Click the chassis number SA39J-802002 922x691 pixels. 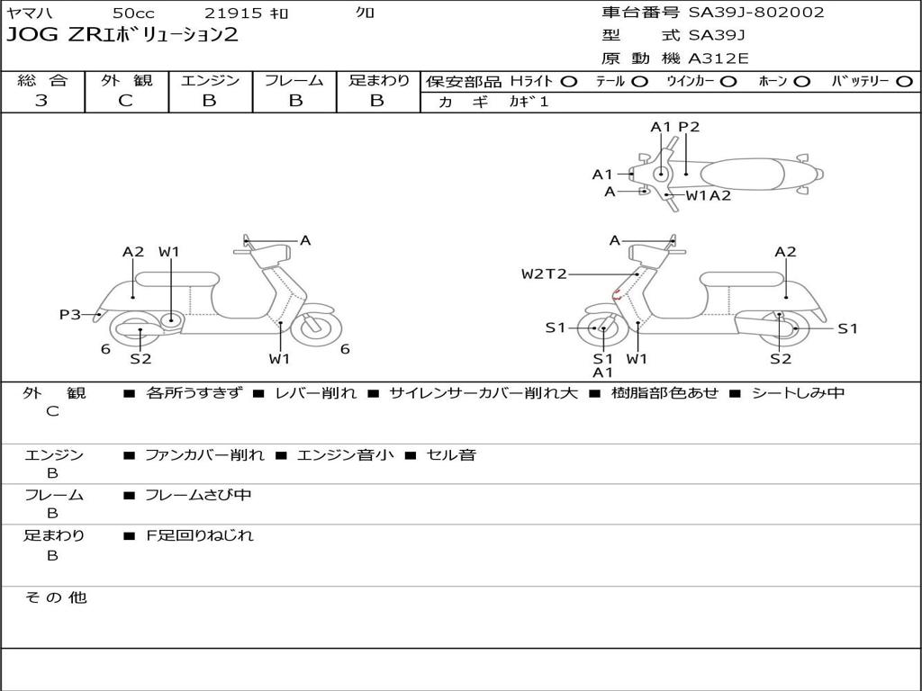(x=756, y=13)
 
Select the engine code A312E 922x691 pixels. (x=719, y=58)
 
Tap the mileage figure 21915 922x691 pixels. (x=233, y=13)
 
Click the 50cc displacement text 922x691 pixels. (x=132, y=13)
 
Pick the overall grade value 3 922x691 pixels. (x=41, y=101)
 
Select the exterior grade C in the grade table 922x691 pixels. (x=125, y=101)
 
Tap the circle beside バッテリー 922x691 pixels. (x=904, y=81)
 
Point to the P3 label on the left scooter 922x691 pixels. (x=70, y=314)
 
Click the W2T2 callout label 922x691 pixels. (x=544, y=274)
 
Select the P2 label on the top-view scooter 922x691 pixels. (x=689, y=127)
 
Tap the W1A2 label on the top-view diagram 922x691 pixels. (x=709, y=194)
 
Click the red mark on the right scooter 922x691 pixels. (x=617, y=294)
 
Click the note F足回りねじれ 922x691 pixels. (x=199, y=535)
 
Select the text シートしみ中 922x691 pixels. (x=798, y=392)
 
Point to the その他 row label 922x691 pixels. (x=55, y=597)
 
